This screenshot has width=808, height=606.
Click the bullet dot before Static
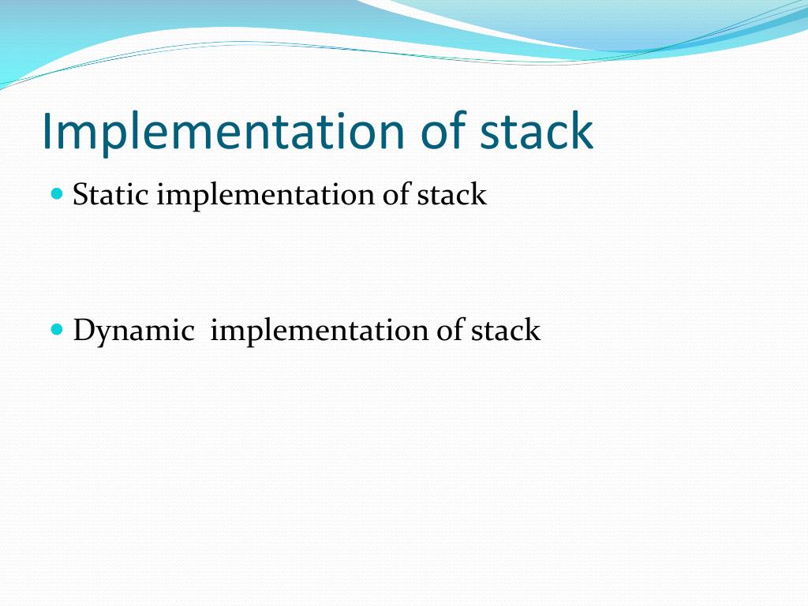[x=56, y=193]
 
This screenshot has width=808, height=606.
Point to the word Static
[x=110, y=194]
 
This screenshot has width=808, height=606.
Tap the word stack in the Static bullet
[x=451, y=194]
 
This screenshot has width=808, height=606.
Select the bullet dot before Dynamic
[x=56, y=328]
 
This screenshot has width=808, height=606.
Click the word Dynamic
[x=133, y=331]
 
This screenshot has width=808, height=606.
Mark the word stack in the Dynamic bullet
[x=506, y=330]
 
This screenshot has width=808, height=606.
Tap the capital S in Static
[x=80, y=194]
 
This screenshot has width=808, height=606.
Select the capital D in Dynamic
[x=83, y=330]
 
